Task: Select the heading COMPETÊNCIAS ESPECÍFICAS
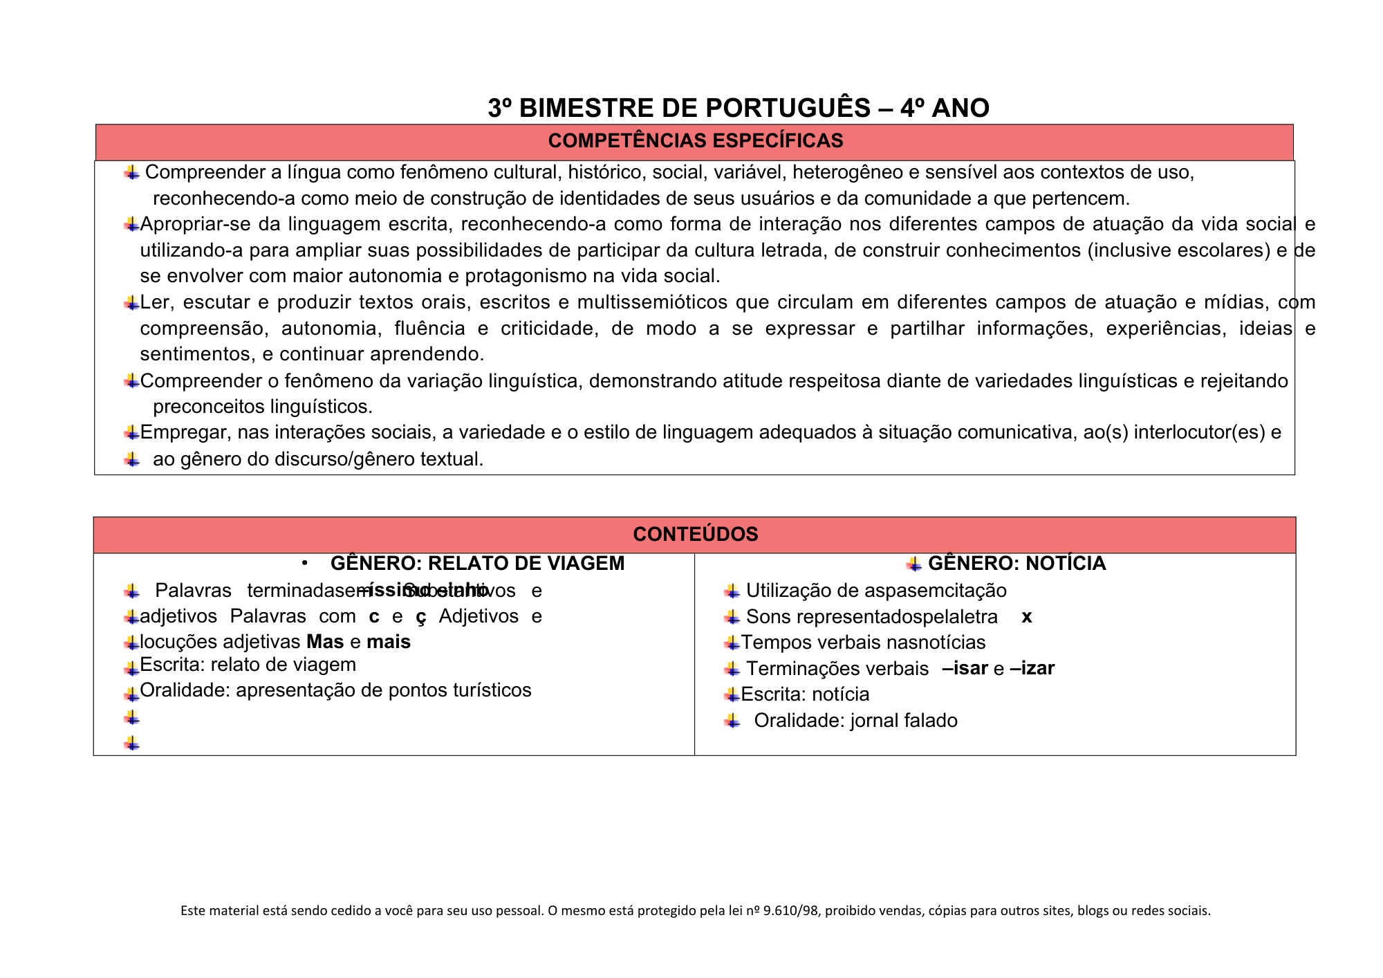[695, 141]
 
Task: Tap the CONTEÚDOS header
[695, 534]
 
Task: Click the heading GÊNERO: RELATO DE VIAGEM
[477, 564]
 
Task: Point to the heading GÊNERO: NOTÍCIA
[1017, 564]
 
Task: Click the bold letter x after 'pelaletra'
[1026, 617]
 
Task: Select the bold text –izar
[1032, 669]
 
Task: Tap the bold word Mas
[325, 642]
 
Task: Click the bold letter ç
[420, 616]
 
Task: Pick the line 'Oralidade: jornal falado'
[855, 721]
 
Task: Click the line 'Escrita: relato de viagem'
[248, 665]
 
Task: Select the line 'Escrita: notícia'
[805, 694]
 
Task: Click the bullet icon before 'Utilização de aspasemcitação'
[732, 591]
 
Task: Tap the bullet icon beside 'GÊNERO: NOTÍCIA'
[914, 564]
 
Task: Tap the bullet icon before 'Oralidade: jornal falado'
[732, 721]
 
